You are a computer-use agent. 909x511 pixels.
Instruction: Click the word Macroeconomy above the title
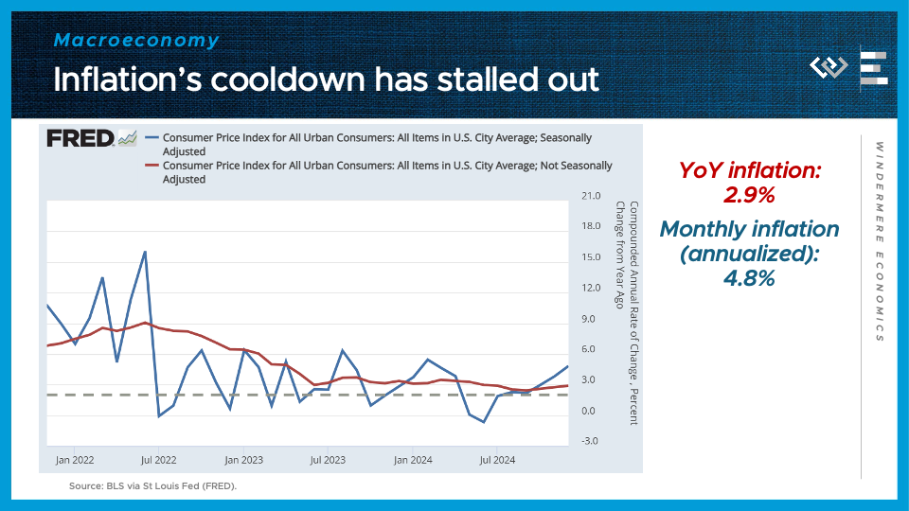136,41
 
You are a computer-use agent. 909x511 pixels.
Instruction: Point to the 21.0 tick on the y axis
591,196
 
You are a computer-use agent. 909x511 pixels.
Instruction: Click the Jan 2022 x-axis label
74,460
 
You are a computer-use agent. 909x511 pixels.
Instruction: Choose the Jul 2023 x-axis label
328,460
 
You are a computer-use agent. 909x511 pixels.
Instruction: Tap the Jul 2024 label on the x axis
497,460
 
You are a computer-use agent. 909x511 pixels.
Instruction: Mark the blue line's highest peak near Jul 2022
145,252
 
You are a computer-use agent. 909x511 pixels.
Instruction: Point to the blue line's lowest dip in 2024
484,422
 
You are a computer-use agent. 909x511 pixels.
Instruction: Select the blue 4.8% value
750,278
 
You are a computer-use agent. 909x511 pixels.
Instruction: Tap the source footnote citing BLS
152,485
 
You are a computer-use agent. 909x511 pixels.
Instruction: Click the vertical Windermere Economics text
879,242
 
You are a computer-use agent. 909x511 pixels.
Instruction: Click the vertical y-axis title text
628,312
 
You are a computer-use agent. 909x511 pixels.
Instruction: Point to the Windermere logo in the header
829,68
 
